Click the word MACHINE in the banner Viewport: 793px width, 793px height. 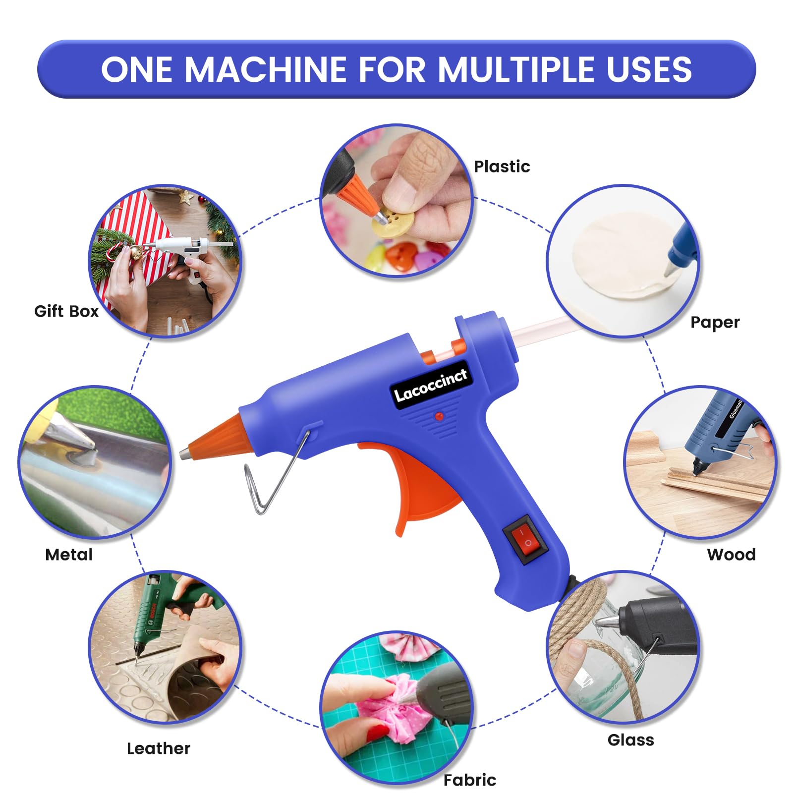click(x=267, y=69)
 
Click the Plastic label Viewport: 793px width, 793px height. click(x=502, y=167)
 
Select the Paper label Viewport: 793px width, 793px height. click(x=715, y=323)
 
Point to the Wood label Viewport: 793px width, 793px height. click(x=731, y=554)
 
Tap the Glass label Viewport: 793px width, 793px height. click(x=630, y=740)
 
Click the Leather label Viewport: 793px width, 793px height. click(x=159, y=748)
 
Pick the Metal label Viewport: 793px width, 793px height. click(x=69, y=555)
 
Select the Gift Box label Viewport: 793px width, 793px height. click(x=66, y=311)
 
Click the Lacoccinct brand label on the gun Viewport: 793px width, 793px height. click(x=431, y=385)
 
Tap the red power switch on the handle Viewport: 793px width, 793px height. click(x=525, y=540)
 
